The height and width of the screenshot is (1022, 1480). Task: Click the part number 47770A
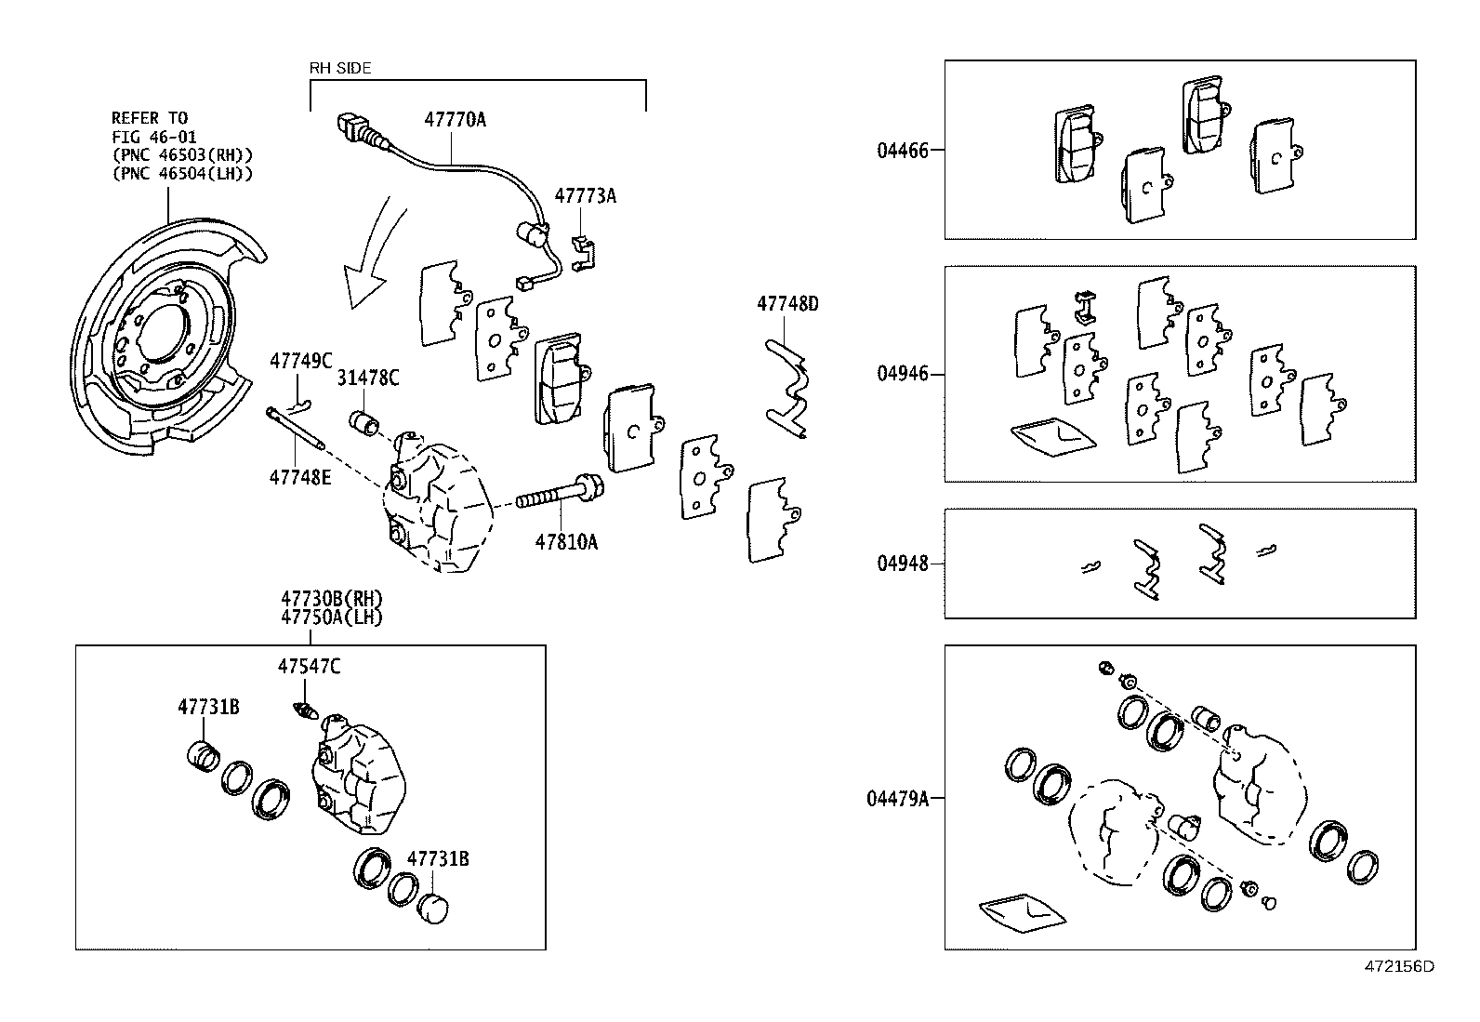point(456,120)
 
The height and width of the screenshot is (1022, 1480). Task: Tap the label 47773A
point(586,196)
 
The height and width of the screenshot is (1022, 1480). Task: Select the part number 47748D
point(787,303)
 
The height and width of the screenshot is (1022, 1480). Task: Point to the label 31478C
point(368,378)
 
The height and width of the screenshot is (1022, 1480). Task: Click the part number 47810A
point(565,542)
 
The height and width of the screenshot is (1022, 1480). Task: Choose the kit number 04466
point(902,150)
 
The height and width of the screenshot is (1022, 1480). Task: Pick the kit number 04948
point(902,564)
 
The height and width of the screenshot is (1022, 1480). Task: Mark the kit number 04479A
point(897,799)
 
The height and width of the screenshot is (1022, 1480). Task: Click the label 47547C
point(309,667)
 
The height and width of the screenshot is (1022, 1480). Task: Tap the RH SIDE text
point(340,68)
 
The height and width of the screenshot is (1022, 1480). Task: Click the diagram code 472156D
point(1399,966)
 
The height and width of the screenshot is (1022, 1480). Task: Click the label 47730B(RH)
point(332,599)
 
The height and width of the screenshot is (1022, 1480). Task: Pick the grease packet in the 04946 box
point(1052,434)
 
